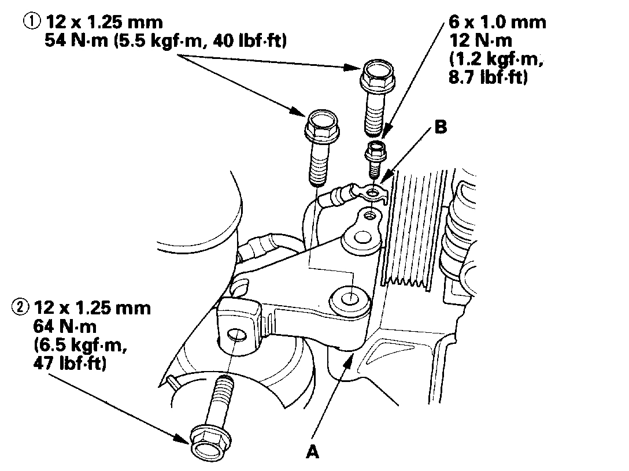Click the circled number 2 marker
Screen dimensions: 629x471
[20, 307]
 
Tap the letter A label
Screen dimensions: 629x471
[313, 453]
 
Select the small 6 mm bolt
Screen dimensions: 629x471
[373, 157]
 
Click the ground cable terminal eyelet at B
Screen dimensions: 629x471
[375, 191]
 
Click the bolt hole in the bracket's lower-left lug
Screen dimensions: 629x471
[238, 334]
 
